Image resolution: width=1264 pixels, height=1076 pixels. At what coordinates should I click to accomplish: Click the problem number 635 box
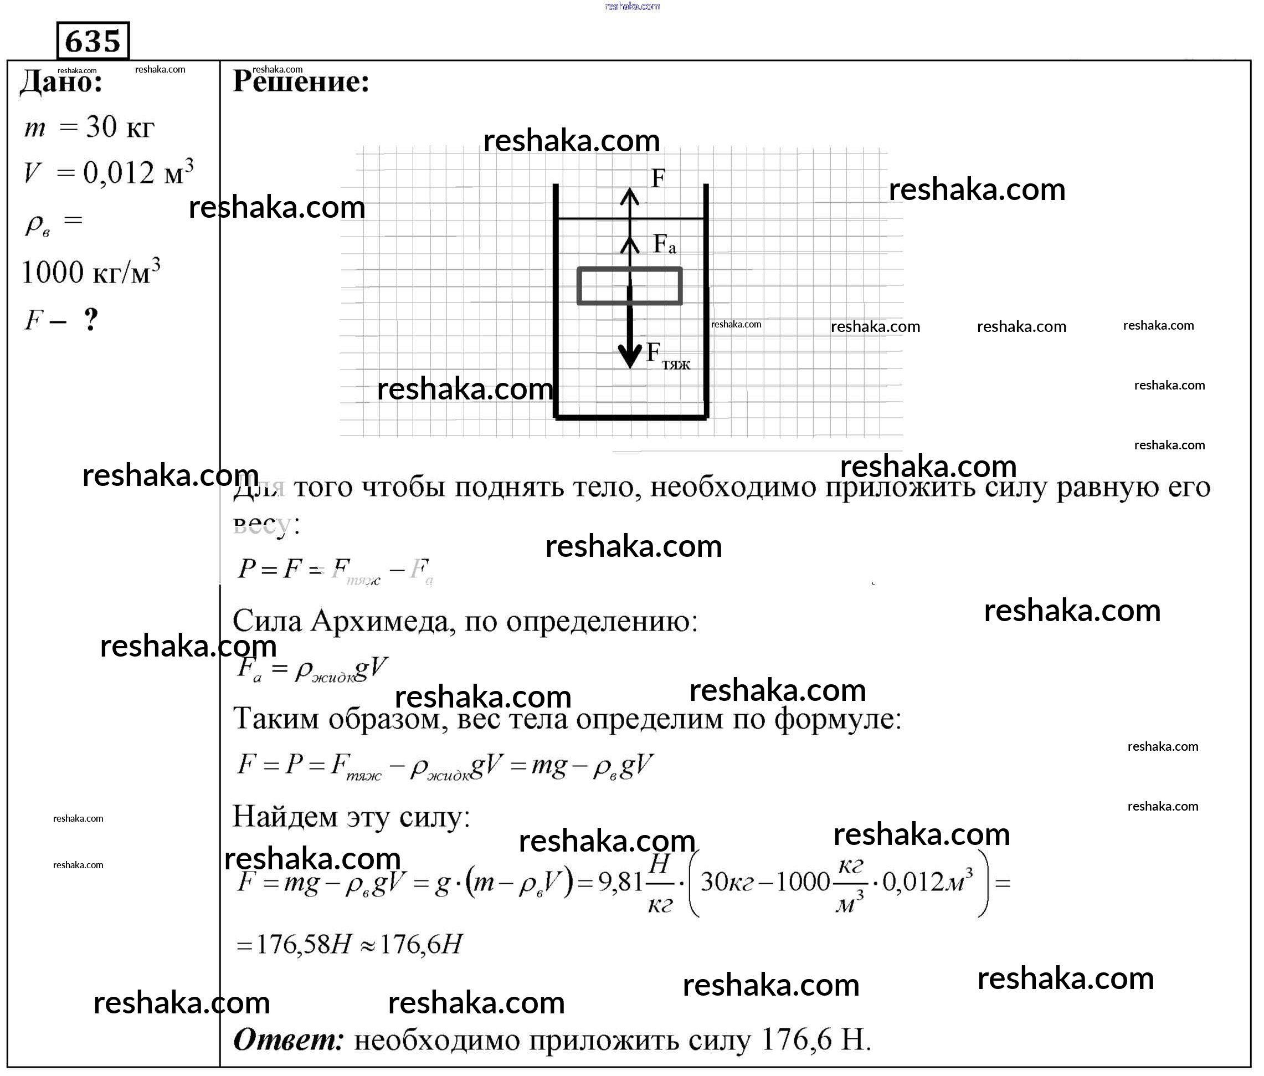point(93,41)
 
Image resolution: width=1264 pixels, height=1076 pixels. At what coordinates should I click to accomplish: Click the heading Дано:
point(61,81)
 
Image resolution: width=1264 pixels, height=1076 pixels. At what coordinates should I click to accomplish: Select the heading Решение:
point(301,81)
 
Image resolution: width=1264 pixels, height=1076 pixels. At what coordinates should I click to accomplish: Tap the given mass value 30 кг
point(120,127)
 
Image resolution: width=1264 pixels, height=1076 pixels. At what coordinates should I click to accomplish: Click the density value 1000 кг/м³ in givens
point(91,272)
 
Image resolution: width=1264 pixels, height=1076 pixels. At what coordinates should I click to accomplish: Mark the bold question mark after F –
point(91,319)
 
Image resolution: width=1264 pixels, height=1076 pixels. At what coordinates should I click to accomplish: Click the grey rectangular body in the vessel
point(629,285)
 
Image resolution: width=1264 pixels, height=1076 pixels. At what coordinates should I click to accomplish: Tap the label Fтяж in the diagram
point(667,356)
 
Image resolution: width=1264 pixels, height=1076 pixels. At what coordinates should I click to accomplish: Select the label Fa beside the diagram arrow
point(664,244)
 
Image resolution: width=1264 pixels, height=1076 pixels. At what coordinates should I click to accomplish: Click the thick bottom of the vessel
point(630,417)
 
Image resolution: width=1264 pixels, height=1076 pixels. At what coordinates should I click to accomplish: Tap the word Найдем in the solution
point(284,816)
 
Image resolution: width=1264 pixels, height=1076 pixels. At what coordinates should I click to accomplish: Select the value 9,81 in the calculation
point(620,882)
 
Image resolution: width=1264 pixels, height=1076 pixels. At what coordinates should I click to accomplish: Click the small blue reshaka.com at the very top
point(631,6)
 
